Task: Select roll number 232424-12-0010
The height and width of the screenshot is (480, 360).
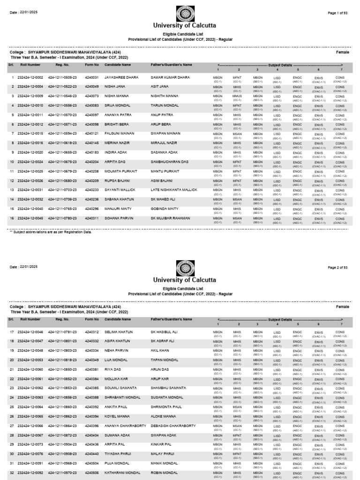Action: point(30,105)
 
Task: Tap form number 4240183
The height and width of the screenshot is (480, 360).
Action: point(92,152)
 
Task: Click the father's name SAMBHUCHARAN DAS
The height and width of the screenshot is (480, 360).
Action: point(170,162)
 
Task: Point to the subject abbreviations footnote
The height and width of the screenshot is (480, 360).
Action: point(51,232)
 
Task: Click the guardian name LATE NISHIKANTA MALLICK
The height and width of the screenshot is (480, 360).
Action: point(174,190)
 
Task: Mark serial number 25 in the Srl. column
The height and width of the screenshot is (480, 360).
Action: point(12,407)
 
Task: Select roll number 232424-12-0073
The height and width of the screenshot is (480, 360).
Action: point(30,444)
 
